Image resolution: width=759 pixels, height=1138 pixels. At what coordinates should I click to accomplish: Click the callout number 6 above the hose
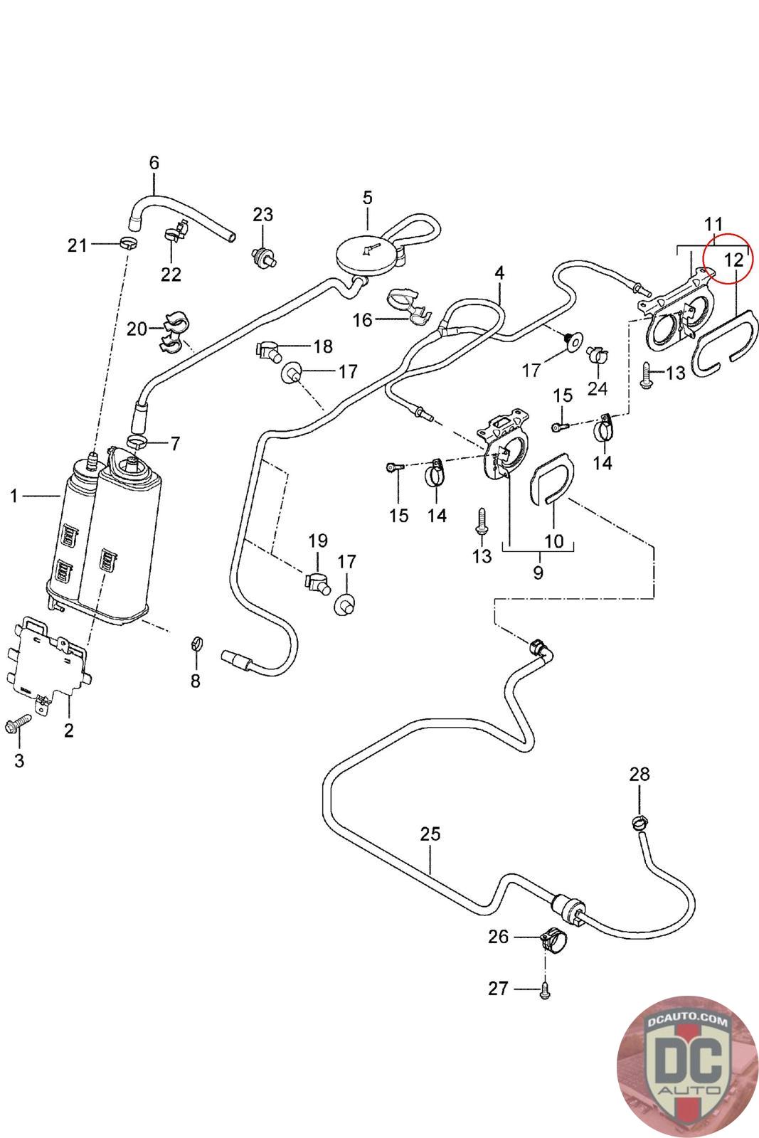pos(154,163)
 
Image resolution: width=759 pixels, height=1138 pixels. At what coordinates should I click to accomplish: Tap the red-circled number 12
pos(733,260)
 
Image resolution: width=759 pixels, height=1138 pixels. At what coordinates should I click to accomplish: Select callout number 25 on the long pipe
pos(430,834)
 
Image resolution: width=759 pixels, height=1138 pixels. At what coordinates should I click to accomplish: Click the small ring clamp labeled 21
pos(128,244)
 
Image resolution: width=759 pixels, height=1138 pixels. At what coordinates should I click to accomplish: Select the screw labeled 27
pos(544,989)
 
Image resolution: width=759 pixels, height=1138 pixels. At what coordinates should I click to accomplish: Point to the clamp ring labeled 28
pos(639,823)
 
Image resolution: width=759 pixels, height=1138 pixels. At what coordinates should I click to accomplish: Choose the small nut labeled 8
pos(194,644)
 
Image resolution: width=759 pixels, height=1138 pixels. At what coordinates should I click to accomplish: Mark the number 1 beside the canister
pos(14,496)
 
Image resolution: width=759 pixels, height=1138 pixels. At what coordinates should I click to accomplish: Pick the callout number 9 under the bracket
pos(538,572)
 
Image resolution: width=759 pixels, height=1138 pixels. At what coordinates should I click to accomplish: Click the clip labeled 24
pos(596,354)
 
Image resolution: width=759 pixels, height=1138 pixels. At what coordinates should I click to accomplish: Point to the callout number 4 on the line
pos(500,274)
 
